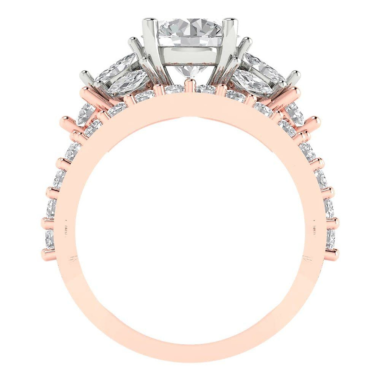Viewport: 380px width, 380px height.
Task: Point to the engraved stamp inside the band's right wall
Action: click(x=314, y=227)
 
